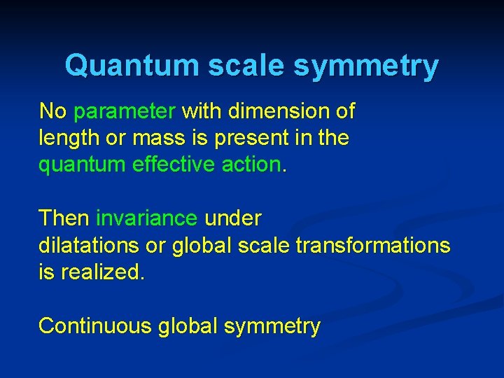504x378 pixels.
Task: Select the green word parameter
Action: [125, 111]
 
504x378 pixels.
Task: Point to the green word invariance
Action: [146, 218]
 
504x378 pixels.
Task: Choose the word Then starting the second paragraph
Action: [64, 218]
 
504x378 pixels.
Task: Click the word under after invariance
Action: [233, 218]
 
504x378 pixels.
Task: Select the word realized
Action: [102, 272]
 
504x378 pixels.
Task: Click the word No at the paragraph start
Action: [53, 111]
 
